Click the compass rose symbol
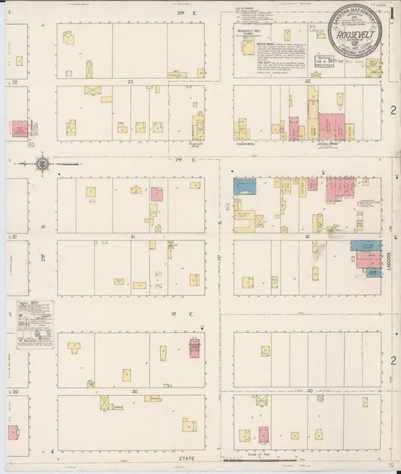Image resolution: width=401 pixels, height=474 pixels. (x=43, y=162)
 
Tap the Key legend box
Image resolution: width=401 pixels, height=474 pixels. (x=35, y=324)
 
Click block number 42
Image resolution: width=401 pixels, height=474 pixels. (x=307, y=81)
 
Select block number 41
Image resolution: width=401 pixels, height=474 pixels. (x=307, y=237)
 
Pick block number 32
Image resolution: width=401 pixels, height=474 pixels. (x=130, y=81)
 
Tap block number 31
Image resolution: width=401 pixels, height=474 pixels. (x=132, y=237)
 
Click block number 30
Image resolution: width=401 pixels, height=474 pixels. (x=134, y=391)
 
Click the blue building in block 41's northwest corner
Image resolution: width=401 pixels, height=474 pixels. (x=245, y=186)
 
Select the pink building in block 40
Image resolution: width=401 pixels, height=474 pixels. (x=263, y=434)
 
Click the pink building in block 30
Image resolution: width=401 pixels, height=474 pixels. (x=194, y=347)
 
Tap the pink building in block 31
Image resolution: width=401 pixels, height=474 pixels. (x=156, y=194)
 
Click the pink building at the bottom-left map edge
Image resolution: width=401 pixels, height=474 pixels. (x=13, y=433)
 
